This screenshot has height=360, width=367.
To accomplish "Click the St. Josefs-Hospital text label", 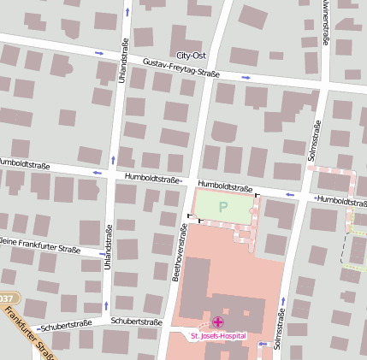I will click(x=217, y=336).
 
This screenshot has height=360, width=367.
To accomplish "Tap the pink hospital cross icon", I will click(x=217, y=322).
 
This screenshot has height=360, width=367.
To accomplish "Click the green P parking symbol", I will click(x=223, y=206).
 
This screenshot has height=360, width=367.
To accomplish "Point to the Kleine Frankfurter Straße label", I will click(x=39, y=247).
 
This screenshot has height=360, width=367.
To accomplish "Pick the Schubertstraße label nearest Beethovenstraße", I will click(x=137, y=322).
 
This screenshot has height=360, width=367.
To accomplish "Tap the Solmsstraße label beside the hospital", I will click(x=279, y=329).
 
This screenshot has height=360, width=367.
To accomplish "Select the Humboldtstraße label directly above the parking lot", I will click(x=225, y=186).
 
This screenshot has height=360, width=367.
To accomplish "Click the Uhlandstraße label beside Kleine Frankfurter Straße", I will click(x=108, y=249).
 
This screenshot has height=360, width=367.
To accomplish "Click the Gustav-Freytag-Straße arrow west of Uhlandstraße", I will click(x=99, y=54).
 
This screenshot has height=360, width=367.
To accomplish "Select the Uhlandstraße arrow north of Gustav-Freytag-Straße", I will click(x=127, y=13).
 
